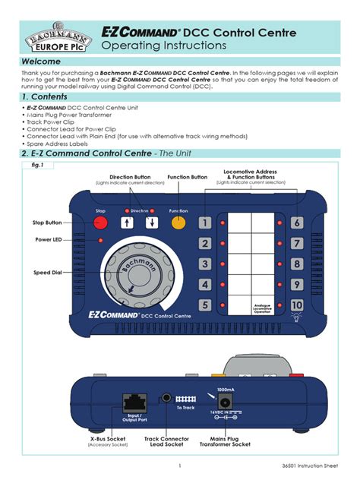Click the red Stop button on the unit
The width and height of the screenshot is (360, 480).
pos(100,223)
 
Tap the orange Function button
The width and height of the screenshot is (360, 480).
pos(179,223)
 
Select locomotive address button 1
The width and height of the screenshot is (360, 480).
pos(205,223)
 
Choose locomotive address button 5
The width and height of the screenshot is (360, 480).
pos(205,305)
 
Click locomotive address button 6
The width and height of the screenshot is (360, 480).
pos(297,223)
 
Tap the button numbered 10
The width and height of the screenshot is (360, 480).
pos(297,305)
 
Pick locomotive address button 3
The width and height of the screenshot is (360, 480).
pos(205,264)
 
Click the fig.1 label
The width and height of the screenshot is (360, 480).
pos(36,165)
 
